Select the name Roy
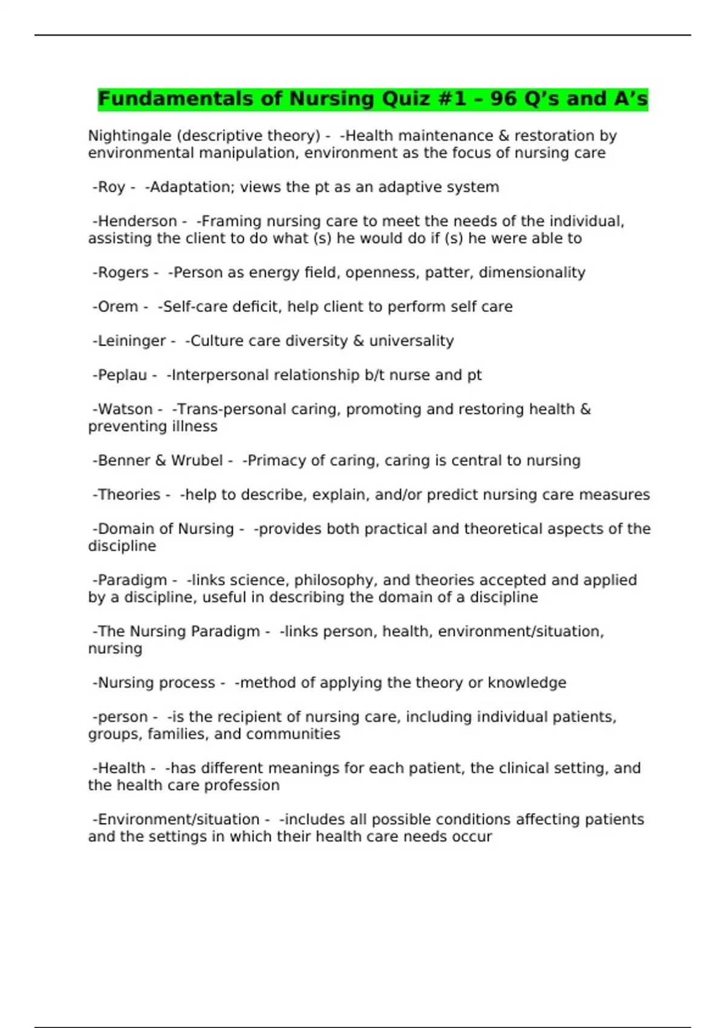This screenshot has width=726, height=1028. point(112,187)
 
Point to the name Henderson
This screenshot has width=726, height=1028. point(137,221)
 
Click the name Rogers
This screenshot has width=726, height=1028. point(123,273)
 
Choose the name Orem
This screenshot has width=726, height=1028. point(118,307)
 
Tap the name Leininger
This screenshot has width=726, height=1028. point(131,341)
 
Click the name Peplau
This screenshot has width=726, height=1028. point(122,375)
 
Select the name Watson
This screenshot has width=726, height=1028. point(125,409)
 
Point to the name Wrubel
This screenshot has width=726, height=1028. point(197,461)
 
